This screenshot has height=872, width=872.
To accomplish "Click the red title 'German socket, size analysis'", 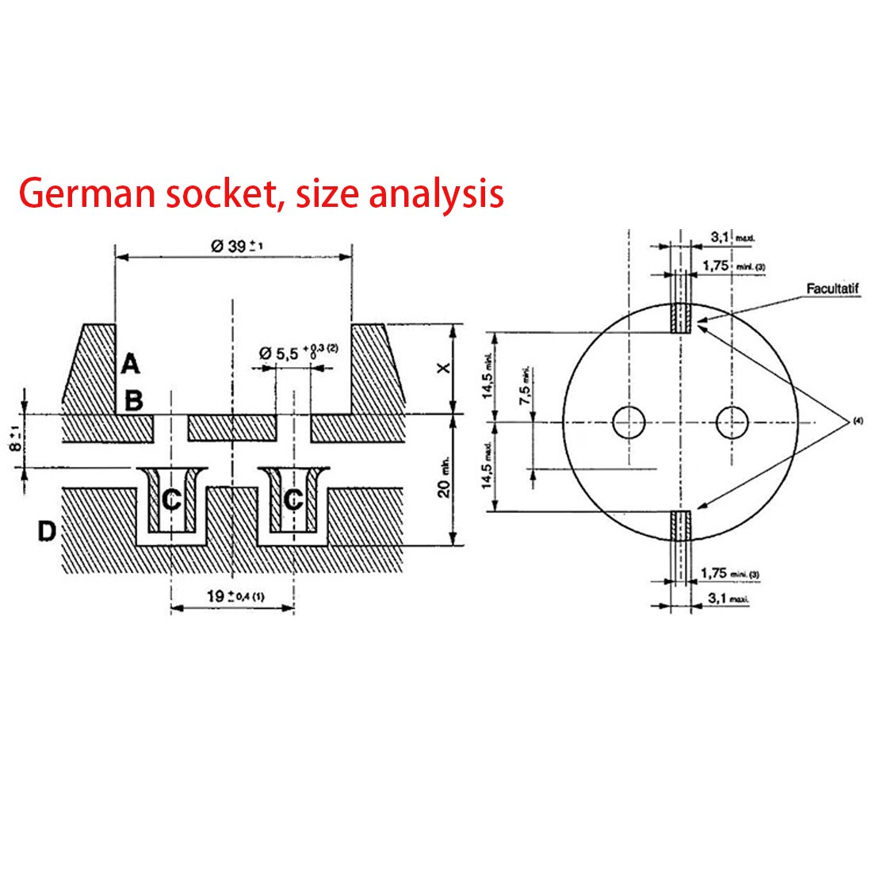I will click(x=261, y=193).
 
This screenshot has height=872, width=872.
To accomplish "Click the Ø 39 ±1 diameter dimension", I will click(x=236, y=246).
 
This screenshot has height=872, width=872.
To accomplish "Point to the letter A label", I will click(x=130, y=365).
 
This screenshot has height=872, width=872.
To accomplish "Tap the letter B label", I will click(x=133, y=400).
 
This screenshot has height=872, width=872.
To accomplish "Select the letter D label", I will click(x=47, y=532).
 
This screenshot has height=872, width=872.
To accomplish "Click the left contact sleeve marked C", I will click(x=171, y=499).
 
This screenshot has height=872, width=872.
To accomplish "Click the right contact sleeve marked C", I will click(x=293, y=499).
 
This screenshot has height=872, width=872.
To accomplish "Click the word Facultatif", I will click(x=832, y=289).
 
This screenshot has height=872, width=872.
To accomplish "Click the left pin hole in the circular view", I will click(x=629, y=422).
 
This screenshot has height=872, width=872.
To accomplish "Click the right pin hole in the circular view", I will click(x=732, y=422).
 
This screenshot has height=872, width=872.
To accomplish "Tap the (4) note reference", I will click(x=858, y=423).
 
